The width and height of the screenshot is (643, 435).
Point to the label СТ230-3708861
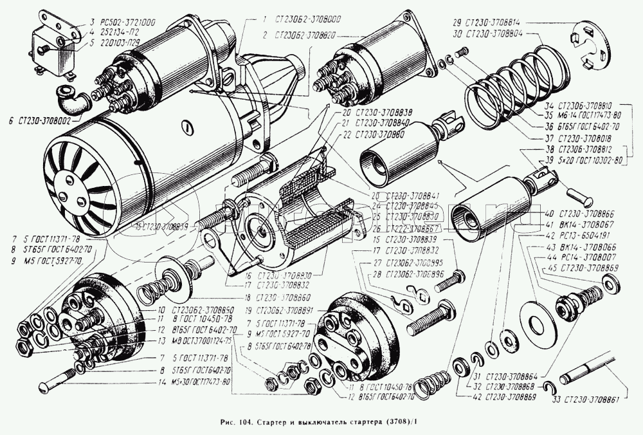(x=588, y=399)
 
